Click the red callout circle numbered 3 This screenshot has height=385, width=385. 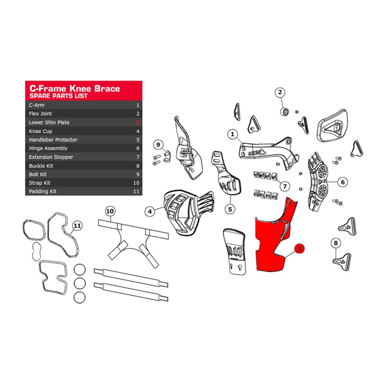pyautogui.click(x=299, y=249)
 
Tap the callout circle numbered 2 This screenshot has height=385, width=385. pyautogui.click(x=280, y=92)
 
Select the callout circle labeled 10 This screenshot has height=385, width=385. pyautogui.click(x=110, y=211)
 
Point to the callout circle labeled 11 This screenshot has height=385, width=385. pyautogui.click(x=77, y=226)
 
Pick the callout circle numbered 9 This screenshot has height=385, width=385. pyautogui.click(x=158, y=145)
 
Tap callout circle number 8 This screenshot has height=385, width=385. pyautogui.click(x=336, y=243)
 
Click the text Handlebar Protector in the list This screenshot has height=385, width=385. pyautogui.click(x=53, y=140)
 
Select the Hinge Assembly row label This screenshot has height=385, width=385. pyautogui.click(x=48, y=148)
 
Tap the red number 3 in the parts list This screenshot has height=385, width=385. pyautogui.click(x=138, y=123)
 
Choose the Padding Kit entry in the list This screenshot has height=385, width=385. pyautogui.click(x=43, y=191)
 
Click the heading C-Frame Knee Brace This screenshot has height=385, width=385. pyautogui.click(x=75, y=89)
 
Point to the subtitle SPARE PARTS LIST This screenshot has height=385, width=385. pyautogui.click(x=58, y=96)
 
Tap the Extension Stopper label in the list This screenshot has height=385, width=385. pyautogui.click(x=51, y=157)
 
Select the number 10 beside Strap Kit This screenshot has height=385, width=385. pyautogui.click(x=136, y=183)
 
